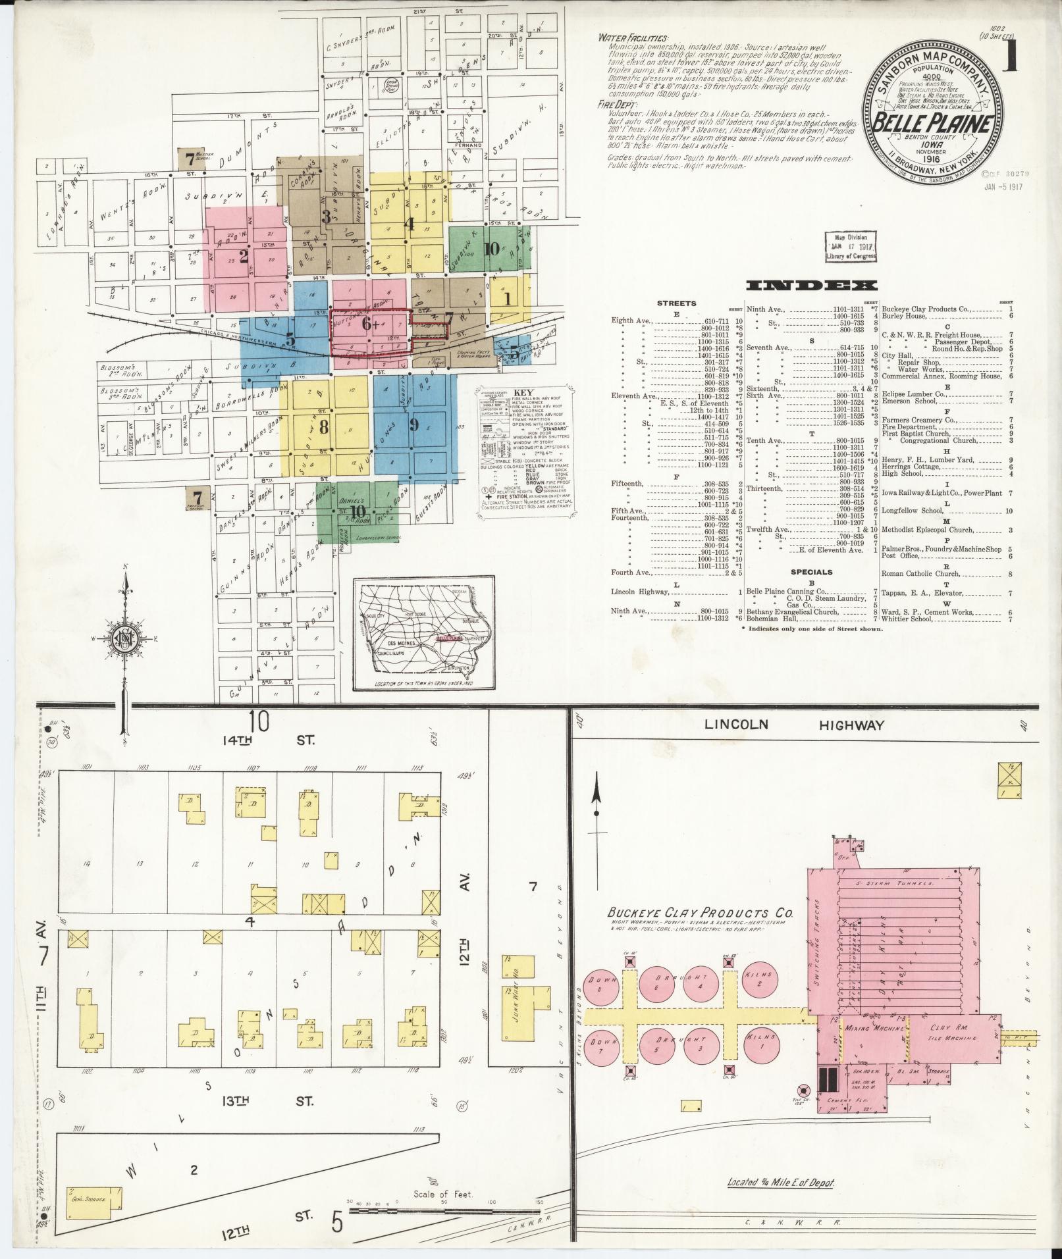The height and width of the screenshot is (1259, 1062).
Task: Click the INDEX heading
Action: (x=812, y=285)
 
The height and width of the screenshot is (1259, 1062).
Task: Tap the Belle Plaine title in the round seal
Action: (x=933, y=123)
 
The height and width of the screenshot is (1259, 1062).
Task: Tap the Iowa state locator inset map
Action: (x=423, y=635)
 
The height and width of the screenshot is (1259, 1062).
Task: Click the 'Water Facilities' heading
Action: (x=633, y=38)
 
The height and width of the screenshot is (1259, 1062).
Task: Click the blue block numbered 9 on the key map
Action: (x=414, y=424)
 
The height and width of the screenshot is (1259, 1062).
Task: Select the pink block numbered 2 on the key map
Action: (x=244, y=256)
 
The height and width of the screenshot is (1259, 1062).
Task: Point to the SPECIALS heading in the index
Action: (x=811, y=572)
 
